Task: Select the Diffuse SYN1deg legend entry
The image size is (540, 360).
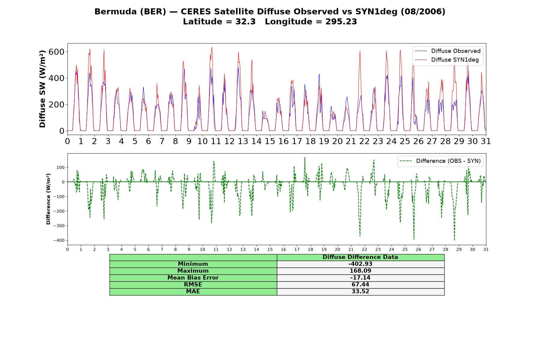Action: point(447,60)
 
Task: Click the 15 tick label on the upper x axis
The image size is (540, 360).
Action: point(270,141)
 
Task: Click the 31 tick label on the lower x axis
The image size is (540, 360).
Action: point(486,249)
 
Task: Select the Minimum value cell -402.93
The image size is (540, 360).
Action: point(360,264)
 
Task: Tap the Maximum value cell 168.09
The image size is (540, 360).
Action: point(360,271)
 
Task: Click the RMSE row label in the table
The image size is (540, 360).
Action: point(193,285)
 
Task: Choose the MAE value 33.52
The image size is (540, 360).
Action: point(360,292)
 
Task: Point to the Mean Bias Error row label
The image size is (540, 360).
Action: point(193,278)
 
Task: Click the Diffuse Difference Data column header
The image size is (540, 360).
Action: point(360,257)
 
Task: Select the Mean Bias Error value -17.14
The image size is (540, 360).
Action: point(360,278)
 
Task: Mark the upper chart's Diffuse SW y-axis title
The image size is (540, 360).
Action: point(42,89)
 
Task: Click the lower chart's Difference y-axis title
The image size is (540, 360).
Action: point(48,199)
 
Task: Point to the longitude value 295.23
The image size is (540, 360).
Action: point(341,22)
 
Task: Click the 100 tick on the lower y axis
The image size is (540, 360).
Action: point(61,167)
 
